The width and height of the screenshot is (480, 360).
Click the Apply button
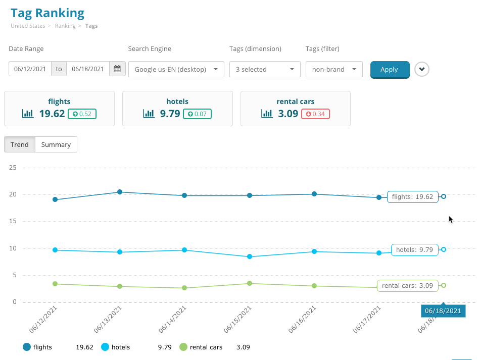click(389, 70)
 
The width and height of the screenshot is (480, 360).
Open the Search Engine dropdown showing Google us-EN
click(176, 70)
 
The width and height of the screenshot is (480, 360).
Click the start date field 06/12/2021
click(30, 69)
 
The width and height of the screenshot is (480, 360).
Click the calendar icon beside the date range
click(118, 69)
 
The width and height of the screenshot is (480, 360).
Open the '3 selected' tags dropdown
click(265, 70)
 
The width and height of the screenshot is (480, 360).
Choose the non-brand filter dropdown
click(333, 70)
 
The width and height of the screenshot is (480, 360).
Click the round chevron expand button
click(422, 69)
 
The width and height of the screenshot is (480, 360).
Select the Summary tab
click(56, 144)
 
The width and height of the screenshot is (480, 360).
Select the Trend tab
click(20, 144)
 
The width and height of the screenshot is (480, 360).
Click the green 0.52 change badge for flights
click(82, 114)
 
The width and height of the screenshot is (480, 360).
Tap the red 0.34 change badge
click(315, 114)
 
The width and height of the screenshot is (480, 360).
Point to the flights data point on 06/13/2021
click(120, 192)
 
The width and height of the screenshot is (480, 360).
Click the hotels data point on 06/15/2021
click(250, 257)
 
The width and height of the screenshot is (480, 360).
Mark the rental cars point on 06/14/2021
click(184, 288)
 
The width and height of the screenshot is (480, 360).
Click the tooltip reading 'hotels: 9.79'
click(414, 249)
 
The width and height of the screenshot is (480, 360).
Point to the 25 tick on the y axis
click(13, 168)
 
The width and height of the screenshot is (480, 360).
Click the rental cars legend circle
click(183, 347)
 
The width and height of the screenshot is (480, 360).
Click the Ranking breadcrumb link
click(65, 26)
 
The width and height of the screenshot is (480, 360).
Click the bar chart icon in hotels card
click(149, 114)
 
